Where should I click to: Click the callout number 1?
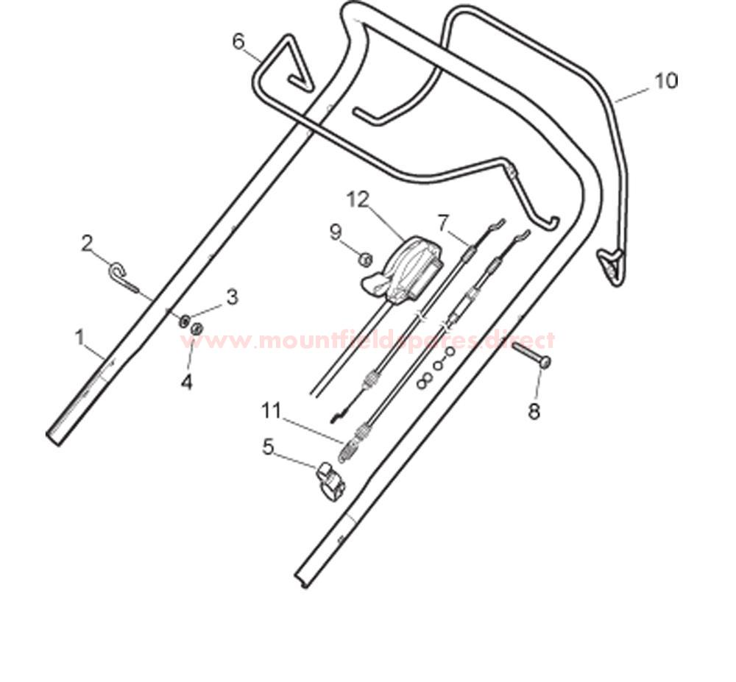point(81,338)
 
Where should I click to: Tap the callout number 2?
point(87,244)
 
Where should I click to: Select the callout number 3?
point(232,297)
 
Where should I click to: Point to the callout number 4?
point(187,383)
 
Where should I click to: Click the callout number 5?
point(268,447)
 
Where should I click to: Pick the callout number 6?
point(239,42)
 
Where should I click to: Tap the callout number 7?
point(444,222)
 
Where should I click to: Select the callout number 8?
point(534,412)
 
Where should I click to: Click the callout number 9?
point(335,232)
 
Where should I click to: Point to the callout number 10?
point(667,81)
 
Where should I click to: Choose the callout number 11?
point(272,411)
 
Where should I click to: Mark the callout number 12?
point(358,200)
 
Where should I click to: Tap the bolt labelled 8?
point(531,355)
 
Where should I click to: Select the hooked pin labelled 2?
point(124,277)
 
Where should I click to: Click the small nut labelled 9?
point(366,259)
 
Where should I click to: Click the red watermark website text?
point(367,340)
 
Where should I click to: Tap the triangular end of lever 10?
point(611,266)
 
